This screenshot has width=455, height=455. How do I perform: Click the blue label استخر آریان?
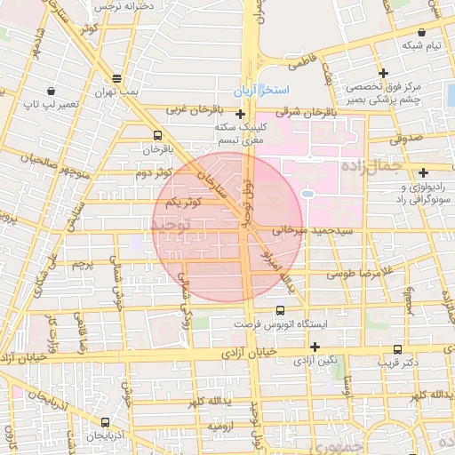(x=261, y=92)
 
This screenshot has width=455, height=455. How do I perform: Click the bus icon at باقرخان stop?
(x=157, y=135)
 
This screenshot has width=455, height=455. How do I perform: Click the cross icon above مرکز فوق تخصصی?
(x=383, y=73)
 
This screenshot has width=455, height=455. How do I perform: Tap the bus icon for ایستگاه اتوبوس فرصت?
(x=281, y=310)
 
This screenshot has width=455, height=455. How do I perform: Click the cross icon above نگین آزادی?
(x=315, y=346)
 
